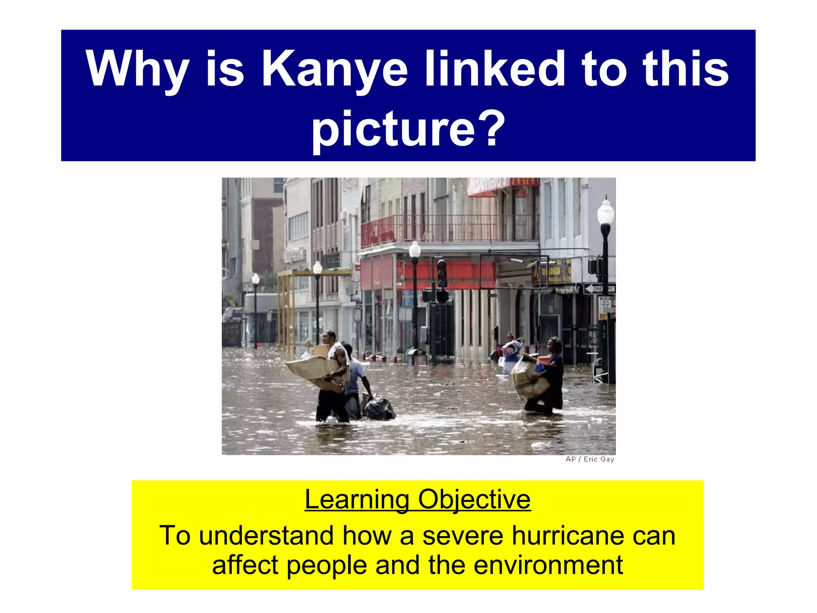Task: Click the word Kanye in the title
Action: (x=334, y=69)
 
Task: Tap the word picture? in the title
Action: (x=408, y=128)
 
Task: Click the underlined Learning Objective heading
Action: (x=417, y=499)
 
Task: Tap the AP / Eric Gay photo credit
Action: (x=590, y=459)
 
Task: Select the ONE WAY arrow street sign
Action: (x=599, y=289)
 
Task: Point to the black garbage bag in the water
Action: (x=379, y=408)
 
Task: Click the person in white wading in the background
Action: (x=511, y=353)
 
